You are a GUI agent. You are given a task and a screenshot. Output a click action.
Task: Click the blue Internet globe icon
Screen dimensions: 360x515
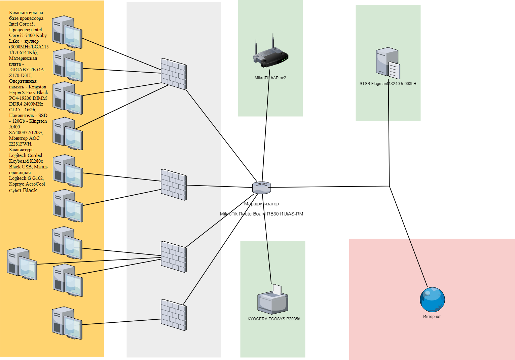click(x=432, y=299)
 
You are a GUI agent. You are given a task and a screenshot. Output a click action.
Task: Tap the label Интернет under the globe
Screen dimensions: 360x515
click(x=432, y=317)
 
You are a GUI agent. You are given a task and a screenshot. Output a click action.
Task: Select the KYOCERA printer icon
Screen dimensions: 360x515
click(x=273, y=301)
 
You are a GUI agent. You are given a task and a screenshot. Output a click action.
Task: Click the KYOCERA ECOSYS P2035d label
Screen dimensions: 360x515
click(x=274, y=319)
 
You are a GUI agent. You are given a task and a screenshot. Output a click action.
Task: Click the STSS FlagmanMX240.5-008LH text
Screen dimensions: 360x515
click(x=388, y=84)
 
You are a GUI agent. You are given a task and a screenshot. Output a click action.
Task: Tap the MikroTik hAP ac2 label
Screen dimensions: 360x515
click(x=270, y=78)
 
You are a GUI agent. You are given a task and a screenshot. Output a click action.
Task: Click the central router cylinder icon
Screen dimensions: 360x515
click(x=261, y=188)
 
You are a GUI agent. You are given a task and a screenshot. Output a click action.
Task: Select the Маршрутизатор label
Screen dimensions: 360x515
click(x=261, y=204)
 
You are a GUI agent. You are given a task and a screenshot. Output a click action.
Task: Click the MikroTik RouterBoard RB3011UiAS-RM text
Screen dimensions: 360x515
click(x=261, y=214)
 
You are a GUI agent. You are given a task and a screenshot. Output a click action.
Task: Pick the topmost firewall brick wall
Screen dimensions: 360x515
click(x=174, y=74)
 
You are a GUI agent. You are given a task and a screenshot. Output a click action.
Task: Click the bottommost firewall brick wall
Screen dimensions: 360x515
click(x=174, y=315)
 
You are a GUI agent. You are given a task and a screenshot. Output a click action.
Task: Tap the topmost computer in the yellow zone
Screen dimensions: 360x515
click(x=67, y=32)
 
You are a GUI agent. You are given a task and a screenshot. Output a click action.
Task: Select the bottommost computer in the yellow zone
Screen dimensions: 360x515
click(x=67, y=323)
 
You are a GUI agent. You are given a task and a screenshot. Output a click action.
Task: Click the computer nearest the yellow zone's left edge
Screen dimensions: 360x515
click(x=22, y=264)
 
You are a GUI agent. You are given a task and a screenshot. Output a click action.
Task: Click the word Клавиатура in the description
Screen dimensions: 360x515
click(x=21, y=150)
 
